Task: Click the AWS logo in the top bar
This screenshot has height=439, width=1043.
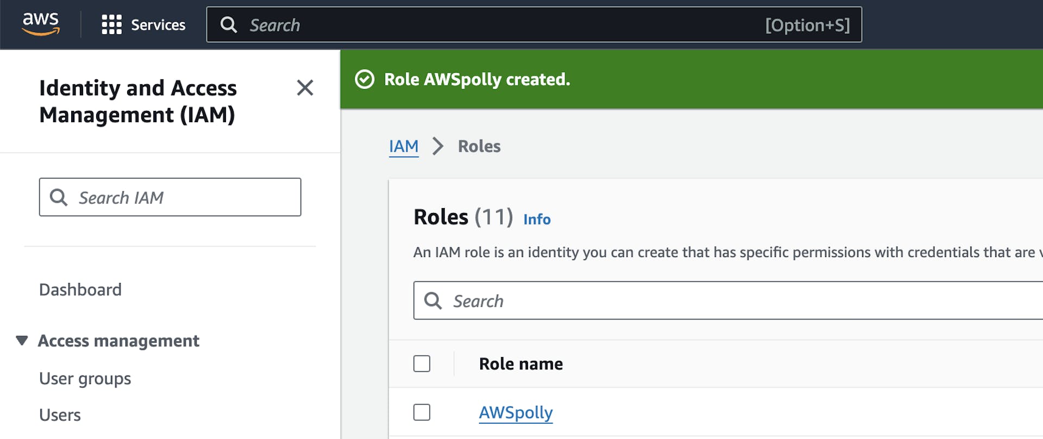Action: [41, 24]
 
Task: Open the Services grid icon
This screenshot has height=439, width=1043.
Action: [111, 25]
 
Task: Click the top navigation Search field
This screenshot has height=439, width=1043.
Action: [489, 25]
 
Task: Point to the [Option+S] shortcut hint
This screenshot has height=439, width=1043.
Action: [807, 26]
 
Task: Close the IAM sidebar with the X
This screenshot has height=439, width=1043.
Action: [305, 87]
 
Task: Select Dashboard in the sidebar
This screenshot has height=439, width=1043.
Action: [80, 290]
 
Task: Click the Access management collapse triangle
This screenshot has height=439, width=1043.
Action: [22, 341]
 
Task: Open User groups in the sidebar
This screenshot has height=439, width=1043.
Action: [85, 379]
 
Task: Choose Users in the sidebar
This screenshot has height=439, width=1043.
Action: [60, 415]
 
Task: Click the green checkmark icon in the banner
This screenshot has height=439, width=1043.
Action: [365, 79]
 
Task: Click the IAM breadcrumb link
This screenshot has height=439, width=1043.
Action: [404, 146]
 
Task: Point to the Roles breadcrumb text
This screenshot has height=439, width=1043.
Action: [479, 146]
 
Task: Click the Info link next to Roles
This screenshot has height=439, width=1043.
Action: [537, 220]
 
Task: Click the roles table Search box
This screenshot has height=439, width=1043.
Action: [706, 300]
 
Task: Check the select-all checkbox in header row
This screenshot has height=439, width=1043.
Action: [422, 363]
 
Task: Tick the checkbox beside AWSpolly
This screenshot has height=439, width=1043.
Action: [422, 412]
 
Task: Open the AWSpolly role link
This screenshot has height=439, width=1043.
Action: [516, 413]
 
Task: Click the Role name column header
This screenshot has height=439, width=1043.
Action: [520, 364]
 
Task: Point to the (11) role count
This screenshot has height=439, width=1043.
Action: [493, 217]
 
